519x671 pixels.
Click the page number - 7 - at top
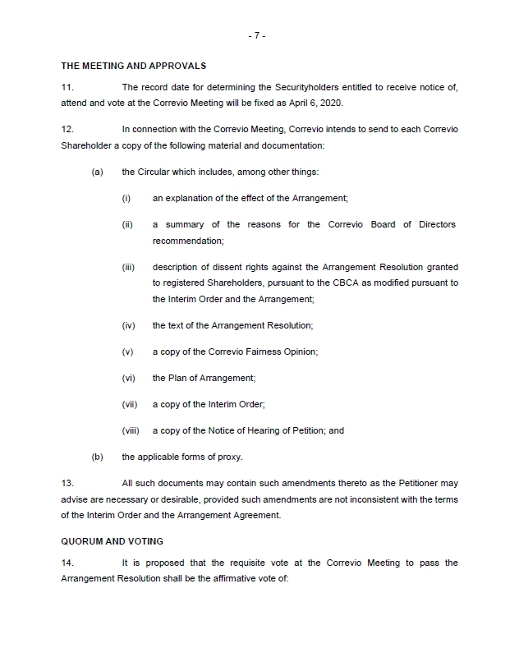(256, 36)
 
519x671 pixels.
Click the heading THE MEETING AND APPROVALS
(133, 66)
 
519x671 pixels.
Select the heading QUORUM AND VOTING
(112, 541)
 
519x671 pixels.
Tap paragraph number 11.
(67, 87)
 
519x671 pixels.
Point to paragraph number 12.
(67, 130)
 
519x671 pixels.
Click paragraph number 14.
(67, 563)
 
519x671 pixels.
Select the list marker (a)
(97, 172)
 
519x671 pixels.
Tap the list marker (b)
(97, 457)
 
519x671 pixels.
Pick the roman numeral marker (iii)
(128, 268)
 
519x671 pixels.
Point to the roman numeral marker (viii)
(131, 430)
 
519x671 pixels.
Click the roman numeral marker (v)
(127, 352)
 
